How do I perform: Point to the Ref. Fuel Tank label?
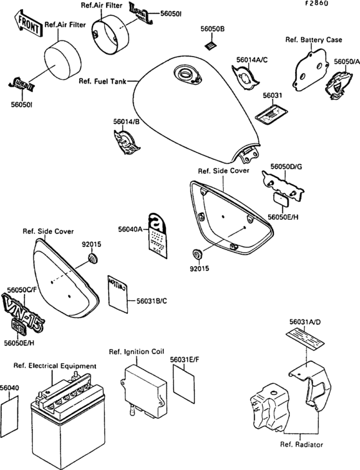coord(102,82)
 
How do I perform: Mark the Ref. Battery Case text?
coord(314,40)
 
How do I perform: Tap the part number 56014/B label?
coord(127,121)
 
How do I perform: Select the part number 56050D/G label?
coord(285,167)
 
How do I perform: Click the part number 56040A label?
coord(130,228)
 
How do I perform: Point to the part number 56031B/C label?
coord(151,300)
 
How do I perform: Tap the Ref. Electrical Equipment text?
coord(55,366)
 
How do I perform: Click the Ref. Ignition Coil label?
coord(137,352)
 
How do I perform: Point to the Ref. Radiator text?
coord(301,444)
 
